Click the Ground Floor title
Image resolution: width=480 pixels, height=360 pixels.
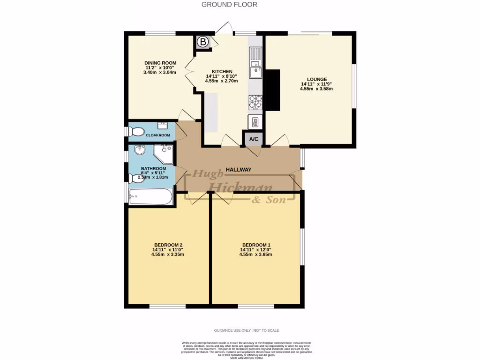[229, 5]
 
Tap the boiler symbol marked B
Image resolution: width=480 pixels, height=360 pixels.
[203, 42]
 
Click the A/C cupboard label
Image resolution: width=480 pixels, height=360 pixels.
[254, 139]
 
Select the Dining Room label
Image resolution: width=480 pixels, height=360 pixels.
[160, 63]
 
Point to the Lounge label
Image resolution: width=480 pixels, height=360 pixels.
[317, 79]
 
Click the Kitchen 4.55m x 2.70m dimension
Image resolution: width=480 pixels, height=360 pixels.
[221, 81]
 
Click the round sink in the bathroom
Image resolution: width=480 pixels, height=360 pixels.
[139, 150]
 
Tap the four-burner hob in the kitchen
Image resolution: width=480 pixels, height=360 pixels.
[255, 101]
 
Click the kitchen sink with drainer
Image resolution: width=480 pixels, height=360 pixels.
[255, 66]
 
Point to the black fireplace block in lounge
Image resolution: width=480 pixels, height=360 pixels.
[273, 90]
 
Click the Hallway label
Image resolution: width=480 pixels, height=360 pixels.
[239, 170]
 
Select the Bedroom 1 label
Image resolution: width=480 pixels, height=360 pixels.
[256, 245]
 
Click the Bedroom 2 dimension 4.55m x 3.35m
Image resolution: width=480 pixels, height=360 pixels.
[168, 255]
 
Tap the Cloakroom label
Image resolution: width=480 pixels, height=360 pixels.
[157, 135]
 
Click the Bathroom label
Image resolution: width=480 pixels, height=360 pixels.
[154, 168]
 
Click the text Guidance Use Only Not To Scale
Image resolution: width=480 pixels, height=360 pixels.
[247, 330]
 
